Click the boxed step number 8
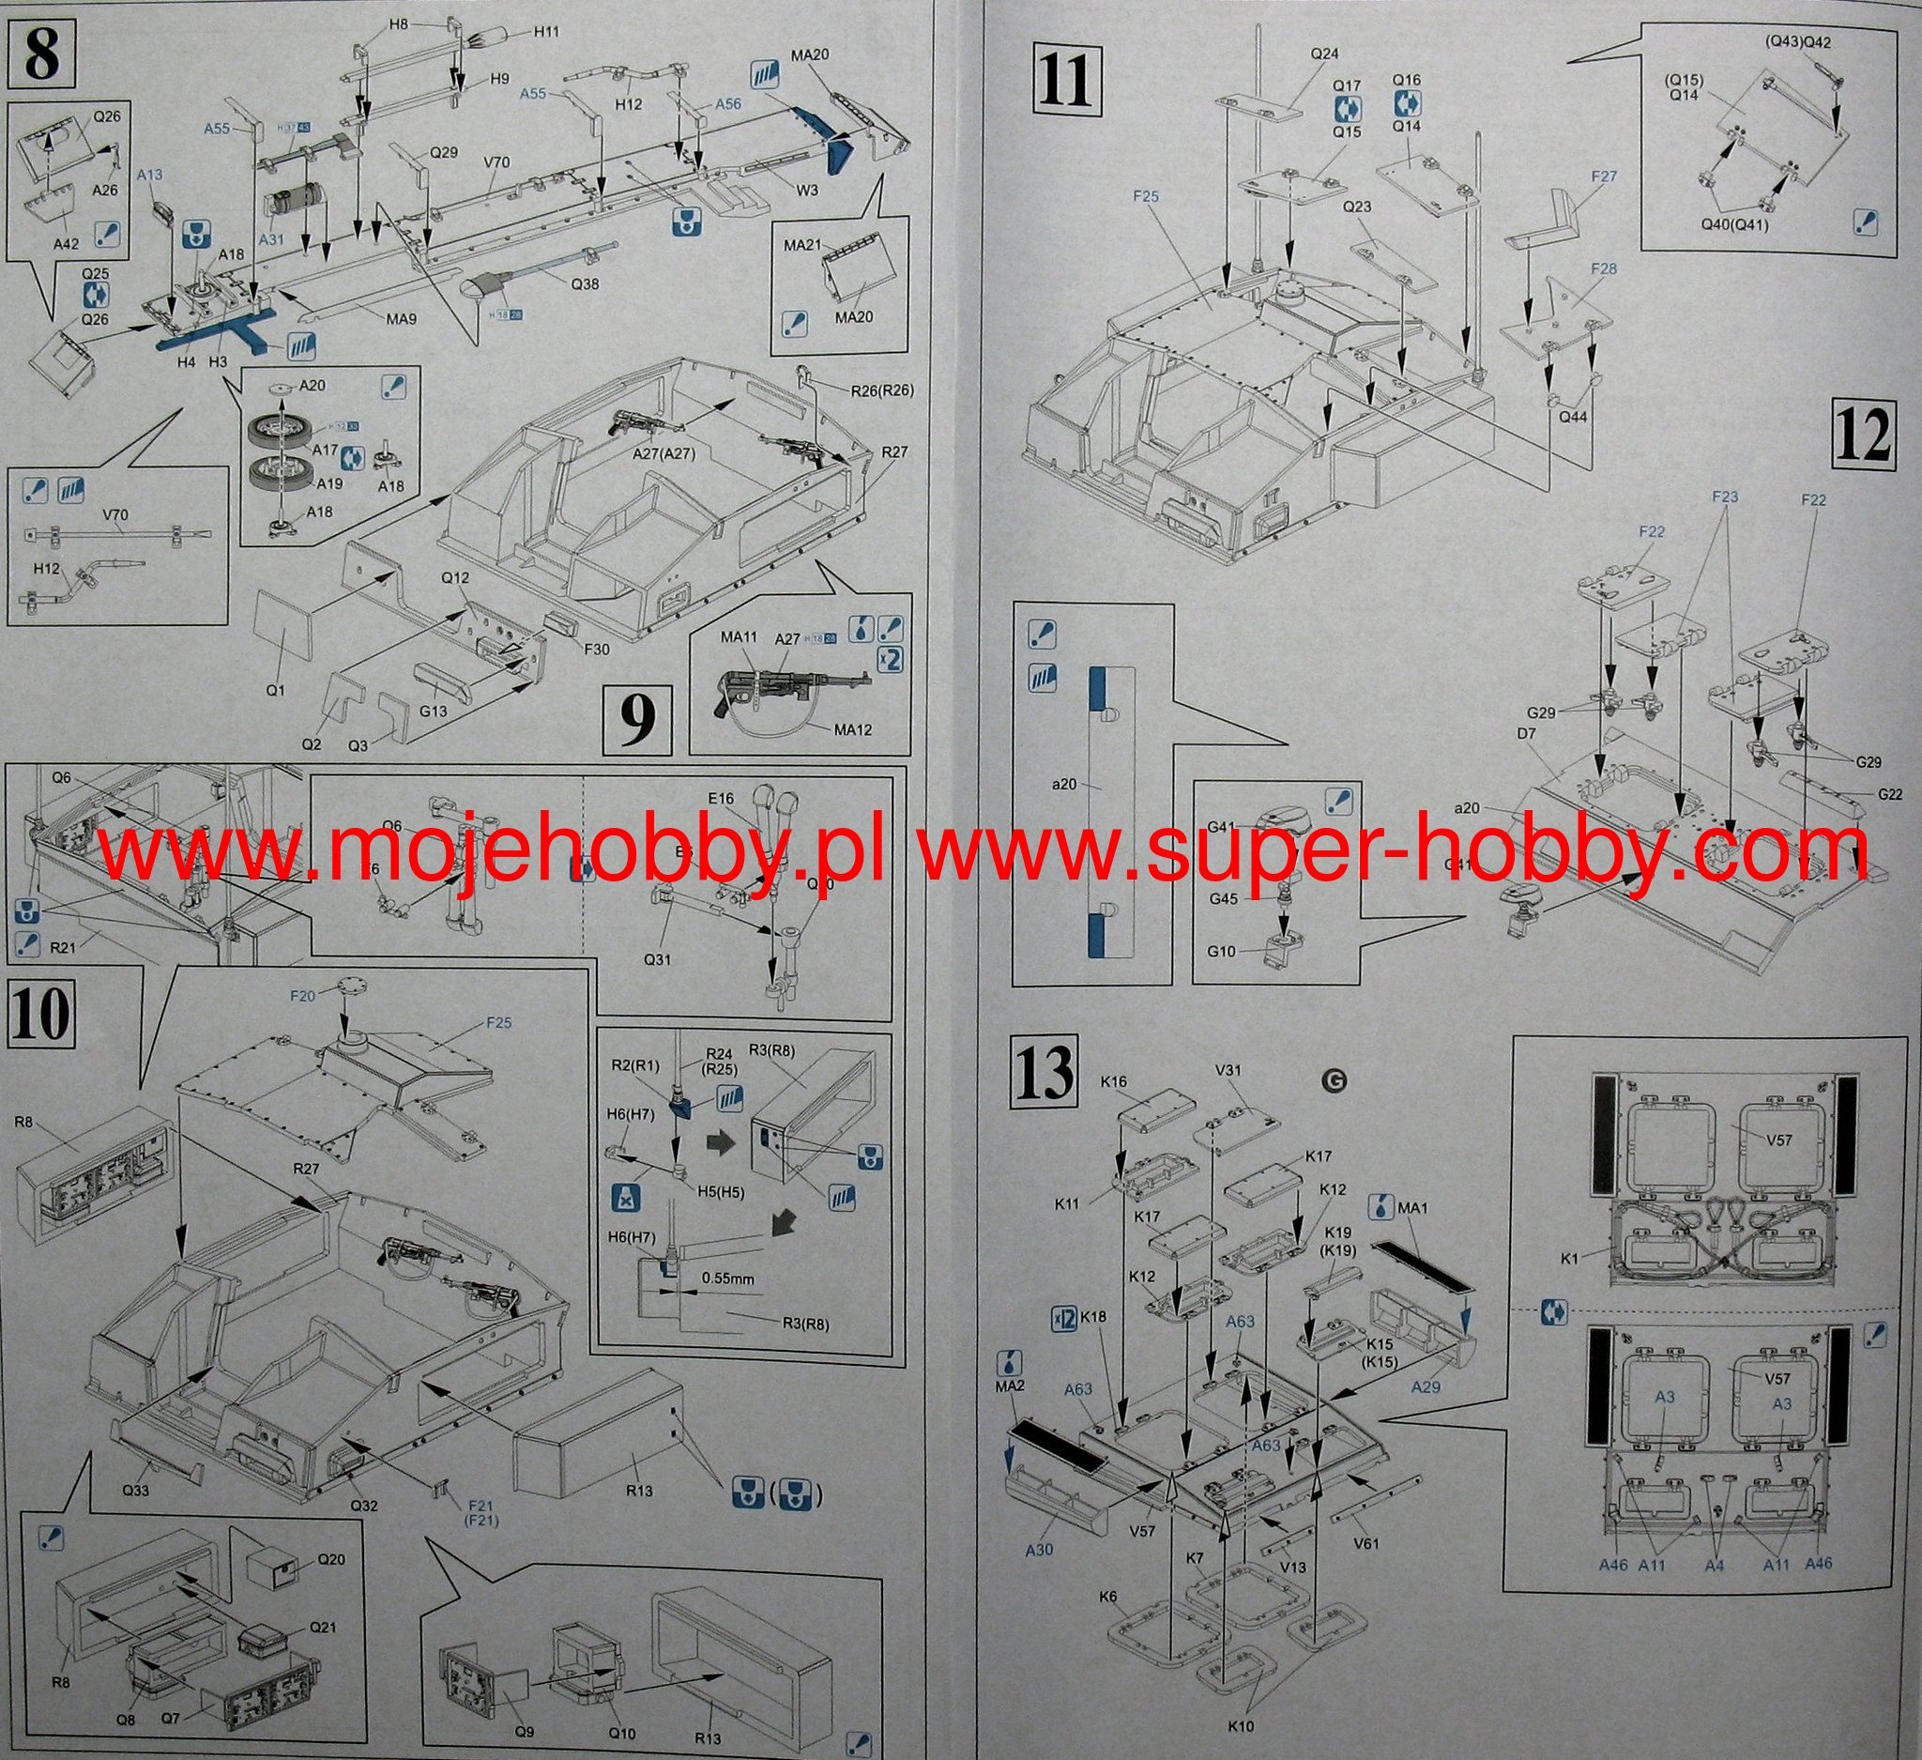coord(43,54)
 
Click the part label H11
coord(546,32)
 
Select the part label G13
coord(431,711)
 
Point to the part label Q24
coord(1325,54)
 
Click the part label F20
coord(301,995)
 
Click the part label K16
coord(1113,1082)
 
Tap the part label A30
coord(1039,1550)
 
